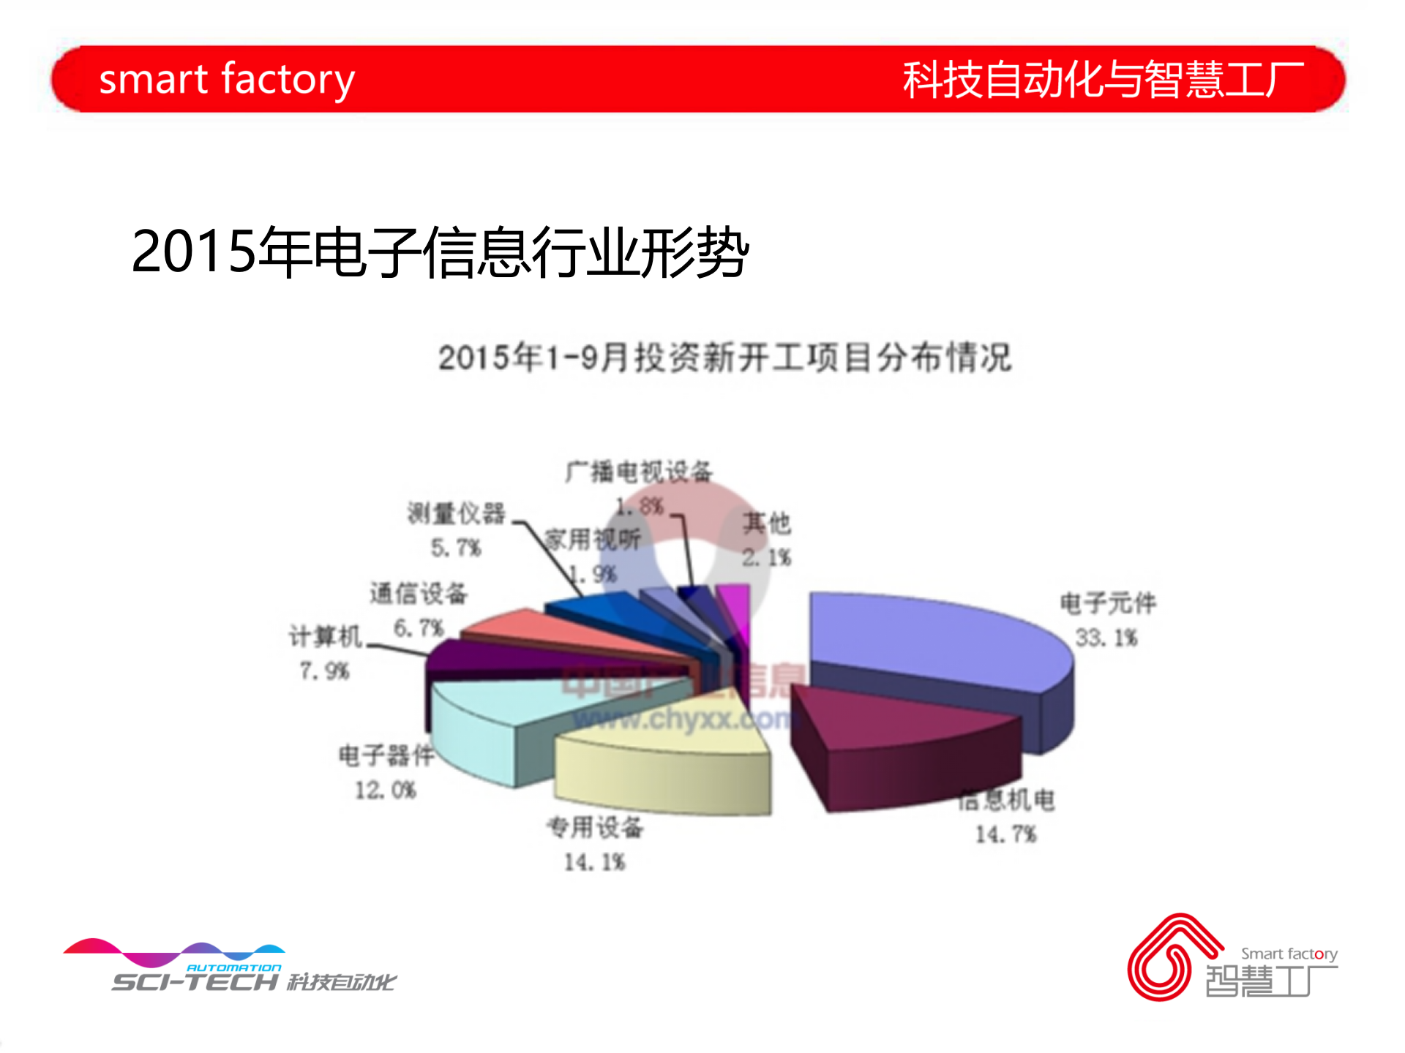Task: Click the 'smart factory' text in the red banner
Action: (227, 79)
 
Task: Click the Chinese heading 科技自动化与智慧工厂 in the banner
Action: (1103, 79)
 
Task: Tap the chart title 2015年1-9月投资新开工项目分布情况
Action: (724, 358)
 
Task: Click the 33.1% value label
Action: (1106, 638)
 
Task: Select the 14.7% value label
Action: (1005, 834)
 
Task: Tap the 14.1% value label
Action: (594, 863)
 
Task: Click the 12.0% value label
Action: (386, 790)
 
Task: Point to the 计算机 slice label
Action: (326, 637)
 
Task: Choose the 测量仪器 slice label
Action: (457, 513)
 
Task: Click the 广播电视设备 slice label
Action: (639, 472)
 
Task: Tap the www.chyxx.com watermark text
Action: (681, 720)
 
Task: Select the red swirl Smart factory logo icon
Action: (1171, 958)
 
